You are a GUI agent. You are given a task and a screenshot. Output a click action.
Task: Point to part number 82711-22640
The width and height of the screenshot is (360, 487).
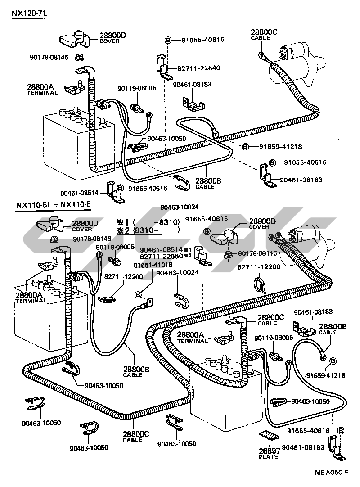(198, 68)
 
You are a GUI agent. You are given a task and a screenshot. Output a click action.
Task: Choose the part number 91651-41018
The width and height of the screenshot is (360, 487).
(153, 265)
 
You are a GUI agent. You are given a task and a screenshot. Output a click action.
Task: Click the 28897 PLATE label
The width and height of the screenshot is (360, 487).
(268, 454)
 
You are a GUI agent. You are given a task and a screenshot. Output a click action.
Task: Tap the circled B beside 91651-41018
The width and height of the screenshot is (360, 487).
(138, 295)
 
